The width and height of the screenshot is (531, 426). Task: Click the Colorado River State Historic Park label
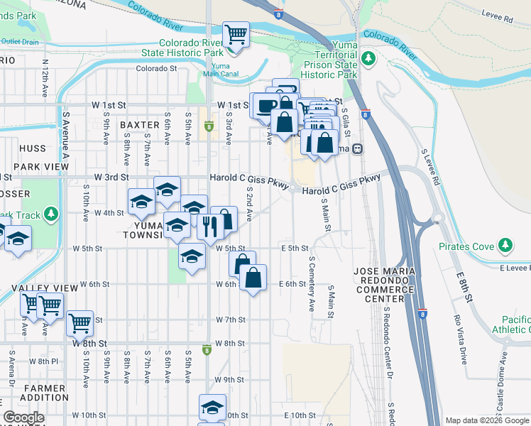point(190,47)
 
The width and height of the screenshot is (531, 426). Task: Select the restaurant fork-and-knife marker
point(209,226)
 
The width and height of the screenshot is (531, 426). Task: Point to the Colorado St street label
point(156,69)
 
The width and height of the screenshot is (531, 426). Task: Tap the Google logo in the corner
point(23,418)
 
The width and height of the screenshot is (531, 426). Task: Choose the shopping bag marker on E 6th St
point(254,277)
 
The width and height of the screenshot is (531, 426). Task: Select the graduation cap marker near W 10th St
point(212,407)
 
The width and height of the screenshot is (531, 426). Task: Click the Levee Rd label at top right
point(499,20)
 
